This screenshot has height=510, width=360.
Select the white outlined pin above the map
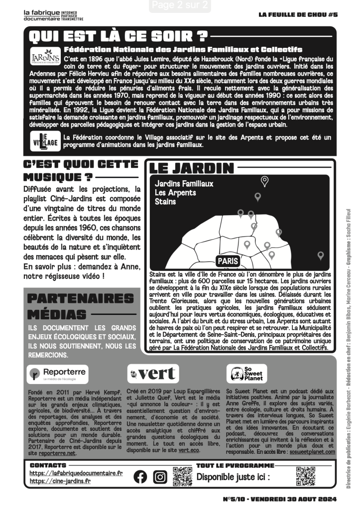(x=265, y=181)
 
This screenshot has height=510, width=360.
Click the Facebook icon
(x=141, y=477)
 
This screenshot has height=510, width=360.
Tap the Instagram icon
(x=160, y=477)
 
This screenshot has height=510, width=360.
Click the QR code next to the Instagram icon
(x=182, y=477)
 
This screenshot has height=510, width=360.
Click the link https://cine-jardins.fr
(x=60, y=481)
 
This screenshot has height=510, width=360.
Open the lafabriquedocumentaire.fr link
(x=76, y=473)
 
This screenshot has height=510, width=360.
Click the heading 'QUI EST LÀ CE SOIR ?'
(x=118, y=36)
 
